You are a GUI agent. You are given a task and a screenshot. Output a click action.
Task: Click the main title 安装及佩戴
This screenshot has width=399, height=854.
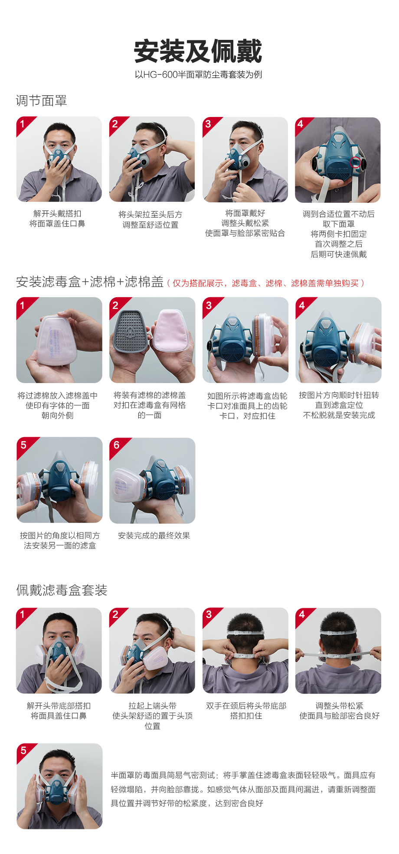pos(198,52)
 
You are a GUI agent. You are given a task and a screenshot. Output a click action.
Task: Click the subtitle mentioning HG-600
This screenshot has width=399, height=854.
pos(198,75)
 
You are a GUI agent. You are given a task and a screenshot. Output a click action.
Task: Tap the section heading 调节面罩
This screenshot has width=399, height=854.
pos(42,101)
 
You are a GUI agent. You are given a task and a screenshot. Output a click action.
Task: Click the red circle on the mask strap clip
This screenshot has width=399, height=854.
pos(355,162)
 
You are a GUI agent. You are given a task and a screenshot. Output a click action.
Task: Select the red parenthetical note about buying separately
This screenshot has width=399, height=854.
pos(265,283)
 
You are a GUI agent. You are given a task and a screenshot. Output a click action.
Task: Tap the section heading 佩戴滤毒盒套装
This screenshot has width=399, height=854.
pos(62,590)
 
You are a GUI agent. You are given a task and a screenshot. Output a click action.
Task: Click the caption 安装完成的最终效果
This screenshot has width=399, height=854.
pos(154,536)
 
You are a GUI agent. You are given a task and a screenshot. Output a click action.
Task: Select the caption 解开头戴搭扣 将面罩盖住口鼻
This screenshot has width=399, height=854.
pos(57,219)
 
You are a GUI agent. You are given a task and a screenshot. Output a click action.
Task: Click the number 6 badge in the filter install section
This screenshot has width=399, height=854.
pos(116,445)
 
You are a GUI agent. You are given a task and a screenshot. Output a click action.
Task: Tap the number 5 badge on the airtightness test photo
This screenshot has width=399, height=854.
pos(23,750)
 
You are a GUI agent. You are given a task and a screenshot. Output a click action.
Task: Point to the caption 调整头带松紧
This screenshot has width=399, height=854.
pos(340,706)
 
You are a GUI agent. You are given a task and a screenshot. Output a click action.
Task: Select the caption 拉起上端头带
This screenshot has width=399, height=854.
pos(153,706)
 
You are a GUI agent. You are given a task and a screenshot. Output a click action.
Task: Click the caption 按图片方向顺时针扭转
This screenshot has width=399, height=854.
pos(339,395)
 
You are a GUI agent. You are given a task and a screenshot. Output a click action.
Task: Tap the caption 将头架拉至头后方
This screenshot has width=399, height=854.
pos(150,214)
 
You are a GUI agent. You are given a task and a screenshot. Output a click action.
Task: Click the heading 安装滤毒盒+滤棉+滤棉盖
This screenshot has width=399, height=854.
pos(90,282)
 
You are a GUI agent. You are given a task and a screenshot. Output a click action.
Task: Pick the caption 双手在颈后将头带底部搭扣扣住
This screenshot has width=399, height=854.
pos(246,711)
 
